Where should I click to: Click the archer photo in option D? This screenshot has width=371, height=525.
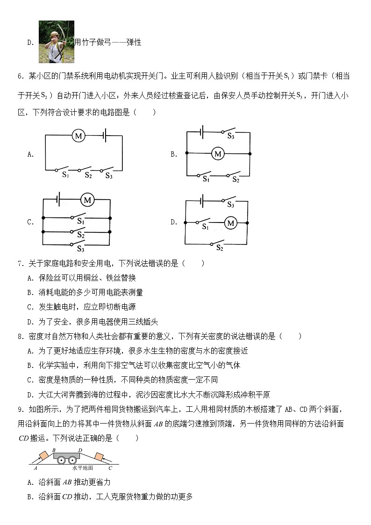click(x=56, y=42)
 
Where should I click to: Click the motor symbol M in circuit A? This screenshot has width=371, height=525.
click(x=78, y=136)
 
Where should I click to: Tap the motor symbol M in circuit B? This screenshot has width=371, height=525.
click(x=217, y=153)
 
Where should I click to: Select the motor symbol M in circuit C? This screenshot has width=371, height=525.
click(x=87, y=200)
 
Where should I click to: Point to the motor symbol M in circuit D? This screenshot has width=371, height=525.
click(x=230, y=223)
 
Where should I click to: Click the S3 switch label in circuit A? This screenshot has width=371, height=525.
click(x=109, y=176)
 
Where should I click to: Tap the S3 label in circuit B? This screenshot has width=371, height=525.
click(x=230, y=136)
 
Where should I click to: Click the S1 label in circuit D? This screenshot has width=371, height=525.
click(x=205, y=227)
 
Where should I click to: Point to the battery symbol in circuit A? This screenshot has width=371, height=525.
click(x=106, y=136)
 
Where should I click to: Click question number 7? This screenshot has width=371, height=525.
click(x=21, y=264)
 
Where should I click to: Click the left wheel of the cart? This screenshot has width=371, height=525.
click(x=61, y=460)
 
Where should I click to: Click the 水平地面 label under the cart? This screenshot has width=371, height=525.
click(x=83, y=467)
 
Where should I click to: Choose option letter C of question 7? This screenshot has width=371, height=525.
click(x=30, y=307)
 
